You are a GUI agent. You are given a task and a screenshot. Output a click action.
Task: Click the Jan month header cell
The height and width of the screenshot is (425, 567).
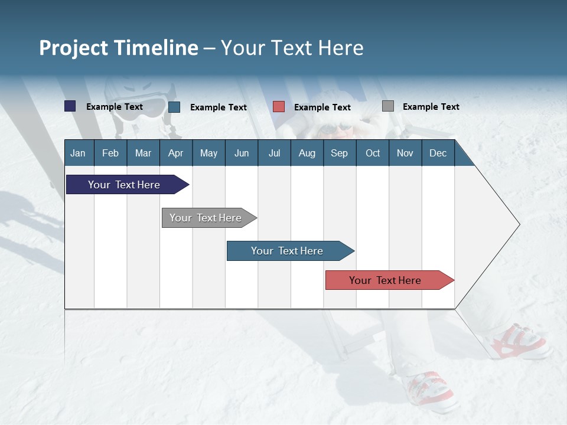tap(78, 153)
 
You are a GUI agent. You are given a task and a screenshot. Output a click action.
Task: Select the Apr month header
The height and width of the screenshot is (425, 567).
tap(175, 153)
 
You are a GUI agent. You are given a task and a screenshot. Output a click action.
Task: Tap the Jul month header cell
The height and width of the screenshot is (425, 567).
tap(274, 153)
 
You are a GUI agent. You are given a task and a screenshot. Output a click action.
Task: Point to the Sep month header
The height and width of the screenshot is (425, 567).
tap(339, 153)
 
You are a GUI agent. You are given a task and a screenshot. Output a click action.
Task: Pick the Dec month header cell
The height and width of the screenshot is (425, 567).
tap(438, 153)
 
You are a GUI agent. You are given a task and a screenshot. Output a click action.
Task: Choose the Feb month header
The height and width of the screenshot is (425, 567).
tap(110, 153)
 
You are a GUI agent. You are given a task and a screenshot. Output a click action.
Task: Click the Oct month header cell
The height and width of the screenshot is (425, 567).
tap(373, 153)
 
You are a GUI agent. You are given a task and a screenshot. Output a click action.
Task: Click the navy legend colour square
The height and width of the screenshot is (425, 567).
tap(70, 106)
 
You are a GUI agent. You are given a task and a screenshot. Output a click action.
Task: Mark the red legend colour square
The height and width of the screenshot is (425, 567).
tap(279, 107)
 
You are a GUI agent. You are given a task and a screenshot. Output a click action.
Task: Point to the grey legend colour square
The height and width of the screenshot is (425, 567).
tap(387, 106)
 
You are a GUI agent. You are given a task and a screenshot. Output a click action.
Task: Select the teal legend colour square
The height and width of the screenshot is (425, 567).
tap(174, 107)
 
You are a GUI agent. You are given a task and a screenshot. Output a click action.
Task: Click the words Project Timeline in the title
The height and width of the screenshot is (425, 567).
tap(118, 48)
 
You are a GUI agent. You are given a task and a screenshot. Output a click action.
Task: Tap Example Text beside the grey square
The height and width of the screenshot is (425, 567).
tap(431, 107)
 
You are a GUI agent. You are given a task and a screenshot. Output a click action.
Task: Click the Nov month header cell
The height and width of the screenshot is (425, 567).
tap(405, 153)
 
